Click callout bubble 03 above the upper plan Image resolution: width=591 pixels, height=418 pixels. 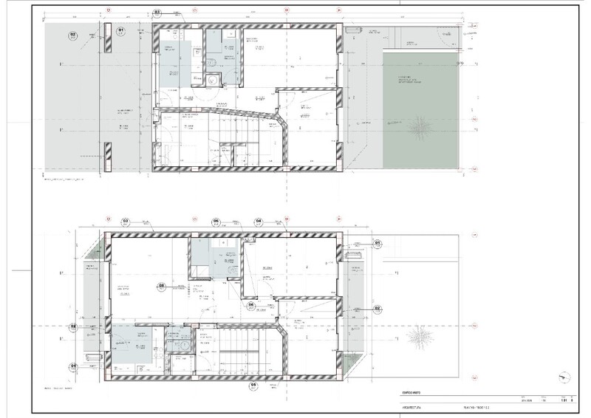(157, 13)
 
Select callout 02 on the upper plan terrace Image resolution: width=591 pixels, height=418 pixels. (73, 34)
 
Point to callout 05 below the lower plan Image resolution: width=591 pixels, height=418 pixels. (253, 385)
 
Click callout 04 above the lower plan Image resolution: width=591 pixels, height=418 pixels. (259, 221)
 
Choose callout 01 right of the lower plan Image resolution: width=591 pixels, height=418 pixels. (377, 242)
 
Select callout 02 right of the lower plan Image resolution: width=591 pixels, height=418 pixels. (377, 308)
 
